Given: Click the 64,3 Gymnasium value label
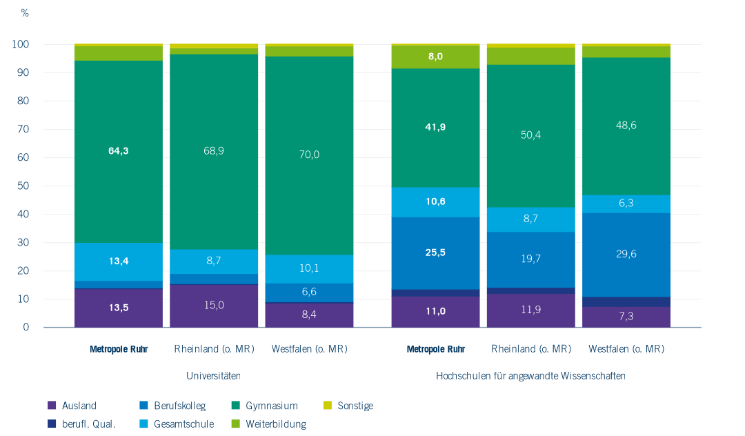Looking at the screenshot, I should coord(119,150).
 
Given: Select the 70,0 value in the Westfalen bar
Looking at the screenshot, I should coord(309,155).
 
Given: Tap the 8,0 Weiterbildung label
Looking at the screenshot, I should coord(435,57).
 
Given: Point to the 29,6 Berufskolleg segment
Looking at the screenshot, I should coord(626,254).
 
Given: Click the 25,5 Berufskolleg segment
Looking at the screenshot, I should coord(435,252).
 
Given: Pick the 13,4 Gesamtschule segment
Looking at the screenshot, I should coord(119,261).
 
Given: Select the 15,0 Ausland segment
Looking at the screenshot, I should coord(214,306).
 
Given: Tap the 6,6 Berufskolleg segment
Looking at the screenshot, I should coord(309,292).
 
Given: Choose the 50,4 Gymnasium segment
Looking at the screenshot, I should coord(530,135).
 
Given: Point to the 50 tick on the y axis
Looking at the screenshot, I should coord(23,186).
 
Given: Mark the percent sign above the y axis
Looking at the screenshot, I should coord(25,13).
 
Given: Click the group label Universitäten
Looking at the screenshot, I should coord(213,376).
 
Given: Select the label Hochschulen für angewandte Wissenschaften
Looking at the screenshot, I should coord(530,376).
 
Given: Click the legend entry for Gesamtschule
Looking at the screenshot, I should coord(183,424).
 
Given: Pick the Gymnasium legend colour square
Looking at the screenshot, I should coord(236,406).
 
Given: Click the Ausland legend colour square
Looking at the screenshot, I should coord(52,406).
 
